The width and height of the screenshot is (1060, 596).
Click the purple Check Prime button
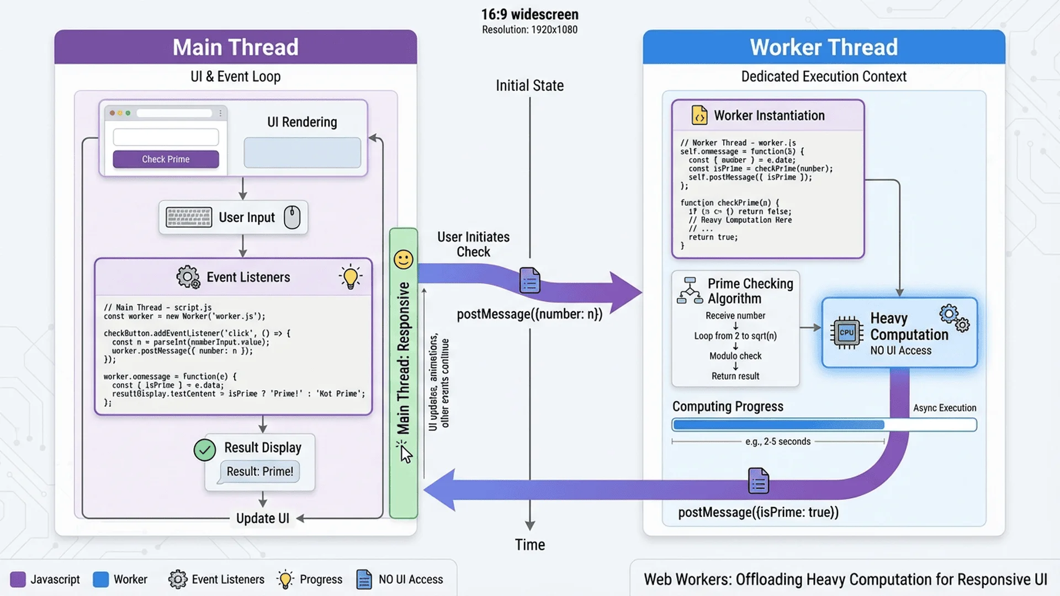(166, 159)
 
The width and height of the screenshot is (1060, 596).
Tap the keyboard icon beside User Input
(189, 217)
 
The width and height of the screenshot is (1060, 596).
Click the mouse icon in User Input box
(292, 217)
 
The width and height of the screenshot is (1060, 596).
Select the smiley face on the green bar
(403, 259)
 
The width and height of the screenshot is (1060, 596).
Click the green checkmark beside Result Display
(205, 450)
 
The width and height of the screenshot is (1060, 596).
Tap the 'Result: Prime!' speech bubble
(259, 472)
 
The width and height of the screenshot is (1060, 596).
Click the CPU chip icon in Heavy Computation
(846, 333)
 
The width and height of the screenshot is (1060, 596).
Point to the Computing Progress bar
(824, 425)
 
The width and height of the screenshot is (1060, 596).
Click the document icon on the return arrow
(758, 481)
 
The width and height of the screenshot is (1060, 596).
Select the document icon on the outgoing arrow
(529, 281)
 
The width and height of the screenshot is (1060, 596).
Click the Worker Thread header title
(823, 47)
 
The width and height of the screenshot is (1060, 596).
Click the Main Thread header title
(235, 47)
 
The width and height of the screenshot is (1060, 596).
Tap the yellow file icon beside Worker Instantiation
(699, 115)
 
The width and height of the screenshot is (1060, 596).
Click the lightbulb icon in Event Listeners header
(351, 277)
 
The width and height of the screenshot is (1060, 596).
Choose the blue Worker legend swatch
(100, 579)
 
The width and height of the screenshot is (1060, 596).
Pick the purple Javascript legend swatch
(18, 579)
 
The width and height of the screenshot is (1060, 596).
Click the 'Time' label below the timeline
(529, 545)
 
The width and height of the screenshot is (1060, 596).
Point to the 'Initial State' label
(529, 86)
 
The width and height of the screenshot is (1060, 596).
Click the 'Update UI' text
(262, 518)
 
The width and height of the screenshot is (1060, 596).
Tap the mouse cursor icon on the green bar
(406, 454)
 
